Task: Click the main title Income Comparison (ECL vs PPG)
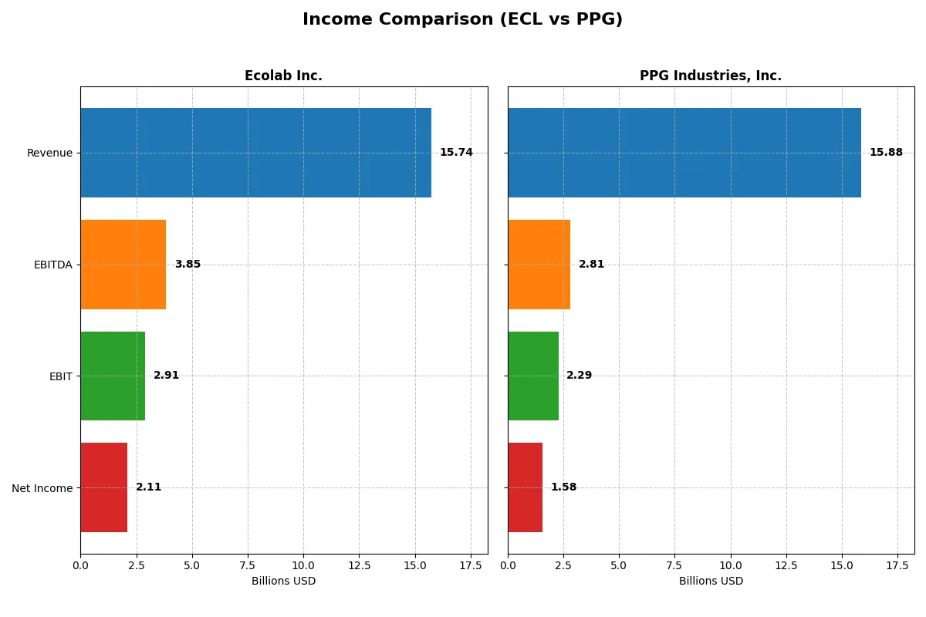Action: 462,20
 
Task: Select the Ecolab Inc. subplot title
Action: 283,76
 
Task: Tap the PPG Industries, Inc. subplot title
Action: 710,76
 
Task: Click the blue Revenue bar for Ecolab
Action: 255,153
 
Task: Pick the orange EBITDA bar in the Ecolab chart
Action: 123,265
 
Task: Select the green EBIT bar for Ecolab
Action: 113,376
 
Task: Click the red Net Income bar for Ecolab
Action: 103,487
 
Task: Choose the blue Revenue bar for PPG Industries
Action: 684,153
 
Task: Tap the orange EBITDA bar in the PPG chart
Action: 539,265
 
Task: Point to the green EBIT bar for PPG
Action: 533,376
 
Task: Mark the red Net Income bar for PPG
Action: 525,487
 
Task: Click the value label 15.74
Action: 456,153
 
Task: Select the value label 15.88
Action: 886,153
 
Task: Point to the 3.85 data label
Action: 188,265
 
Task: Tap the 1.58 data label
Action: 563,487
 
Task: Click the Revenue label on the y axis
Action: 49,153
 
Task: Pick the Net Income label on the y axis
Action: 42,487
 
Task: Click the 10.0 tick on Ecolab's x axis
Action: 303,565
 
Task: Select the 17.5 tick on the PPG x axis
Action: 897,565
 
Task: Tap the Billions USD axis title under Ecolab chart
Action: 283,581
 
